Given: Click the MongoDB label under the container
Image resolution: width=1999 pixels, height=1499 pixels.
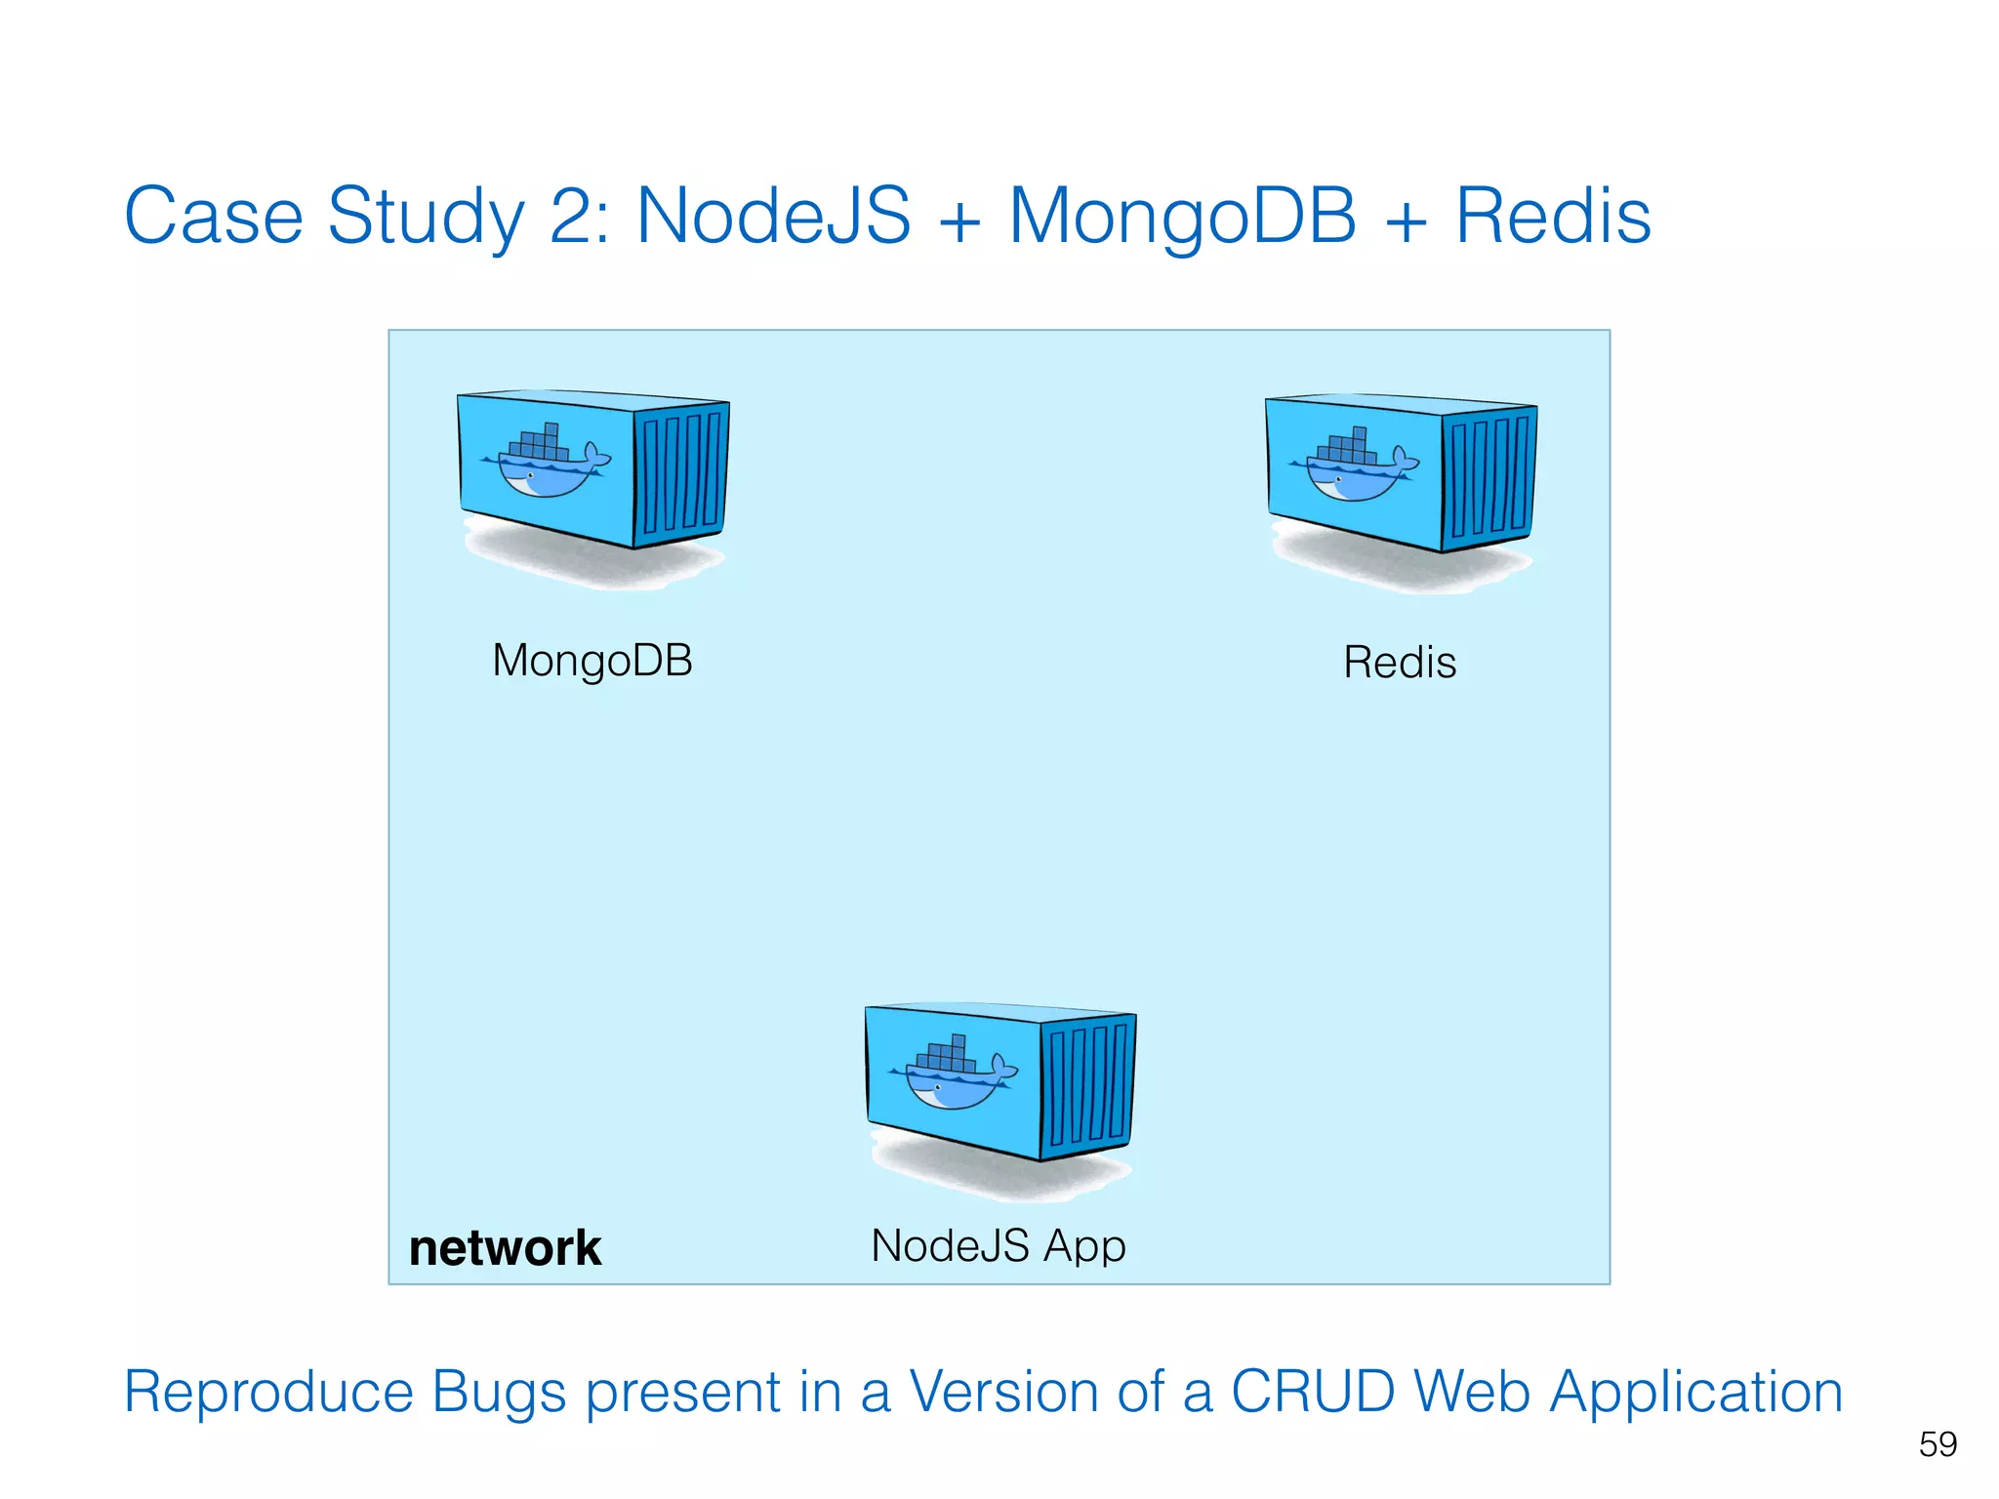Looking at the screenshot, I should (x=592, y=661).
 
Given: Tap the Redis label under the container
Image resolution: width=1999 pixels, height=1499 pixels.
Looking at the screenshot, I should (x=1400, y=663).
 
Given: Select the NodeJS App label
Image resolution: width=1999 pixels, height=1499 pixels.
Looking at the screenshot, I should (x=999, y=1246).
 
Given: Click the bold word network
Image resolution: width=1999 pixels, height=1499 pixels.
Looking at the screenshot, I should (x=505, y=1248).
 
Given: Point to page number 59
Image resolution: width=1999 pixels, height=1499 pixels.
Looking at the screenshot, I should (x=1938, y=1444).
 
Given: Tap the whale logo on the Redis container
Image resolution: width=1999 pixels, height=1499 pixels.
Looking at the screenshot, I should (x=1354, y=466).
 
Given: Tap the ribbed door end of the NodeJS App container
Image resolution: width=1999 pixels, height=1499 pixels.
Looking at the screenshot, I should (x=1087, y=1085).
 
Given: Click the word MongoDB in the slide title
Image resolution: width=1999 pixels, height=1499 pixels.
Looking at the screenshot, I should (x=1182, y=216).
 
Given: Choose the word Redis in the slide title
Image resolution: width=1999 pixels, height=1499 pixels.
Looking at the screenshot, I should (x=1553, y=216).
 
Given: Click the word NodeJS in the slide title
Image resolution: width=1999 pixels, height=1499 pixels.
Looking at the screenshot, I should (x=773, y=216).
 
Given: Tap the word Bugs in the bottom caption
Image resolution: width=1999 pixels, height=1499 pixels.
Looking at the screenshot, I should (x=499, y=1393).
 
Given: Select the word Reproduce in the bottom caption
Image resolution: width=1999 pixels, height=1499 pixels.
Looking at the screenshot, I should (x=268, y=1393).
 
